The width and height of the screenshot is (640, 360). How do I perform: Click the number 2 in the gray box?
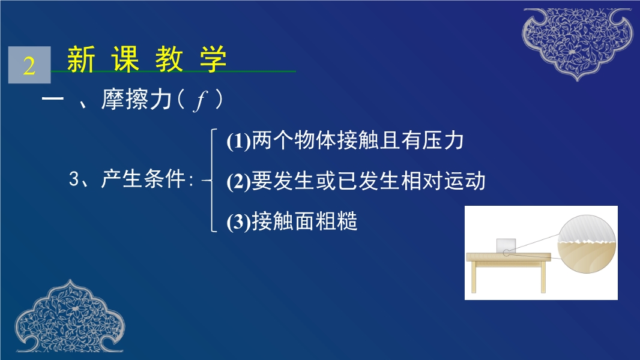click(x=29, y=65)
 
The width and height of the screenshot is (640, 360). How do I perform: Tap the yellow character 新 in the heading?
click(x=81, y=59)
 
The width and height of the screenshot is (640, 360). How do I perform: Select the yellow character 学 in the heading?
click(x=213, y=59)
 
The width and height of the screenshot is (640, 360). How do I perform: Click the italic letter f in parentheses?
click(x=201, y=100)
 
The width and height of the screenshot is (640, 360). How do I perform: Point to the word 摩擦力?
click(x=136, y=99)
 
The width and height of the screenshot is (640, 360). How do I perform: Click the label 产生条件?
click(x=143, y=179)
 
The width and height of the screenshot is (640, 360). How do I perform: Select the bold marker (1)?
click(x=238, y=141)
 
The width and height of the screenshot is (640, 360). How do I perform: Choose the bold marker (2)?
click(x=238, y=181)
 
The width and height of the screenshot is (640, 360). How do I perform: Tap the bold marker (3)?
click(x=238, y=222)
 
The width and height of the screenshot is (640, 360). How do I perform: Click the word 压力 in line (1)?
click(x=443, y=140)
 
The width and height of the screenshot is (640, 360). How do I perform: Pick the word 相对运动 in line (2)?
click(x=443, y=181)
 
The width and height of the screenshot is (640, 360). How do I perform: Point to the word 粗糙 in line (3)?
click(x=336, y=221)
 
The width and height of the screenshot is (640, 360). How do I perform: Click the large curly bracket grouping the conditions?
click(x=212, y=180)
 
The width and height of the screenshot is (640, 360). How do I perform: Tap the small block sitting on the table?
click(x=506, y=246)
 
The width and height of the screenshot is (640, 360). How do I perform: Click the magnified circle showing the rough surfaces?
click(x=587, y=244)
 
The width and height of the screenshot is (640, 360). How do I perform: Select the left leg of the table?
click(x=474, y=277)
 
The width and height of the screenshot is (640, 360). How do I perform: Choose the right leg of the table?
click(x=543, y=277)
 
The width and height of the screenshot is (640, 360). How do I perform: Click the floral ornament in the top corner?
click(x=577, y=43)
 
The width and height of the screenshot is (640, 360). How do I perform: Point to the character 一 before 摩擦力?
click(x=53, y=99)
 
